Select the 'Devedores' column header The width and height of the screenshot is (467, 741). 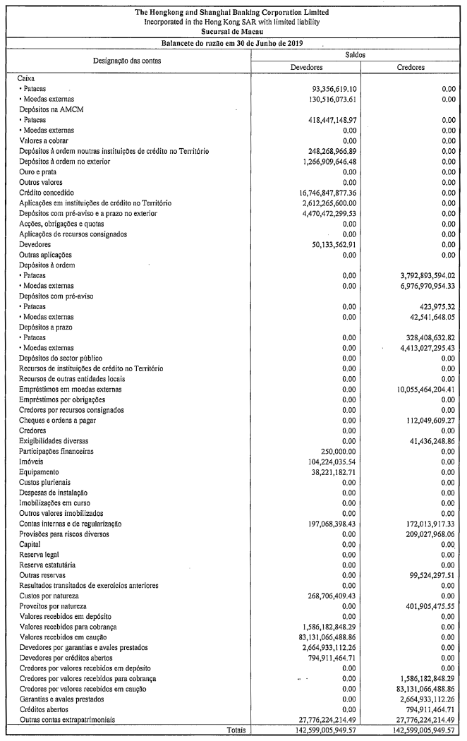point(306,67)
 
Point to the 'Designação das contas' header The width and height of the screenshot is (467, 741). point(127,61)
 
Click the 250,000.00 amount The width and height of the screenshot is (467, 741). point(337,451)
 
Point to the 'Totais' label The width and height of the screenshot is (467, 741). point(236,730)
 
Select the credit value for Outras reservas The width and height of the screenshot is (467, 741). point(424,575)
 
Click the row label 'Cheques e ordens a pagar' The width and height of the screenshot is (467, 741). point(63,420)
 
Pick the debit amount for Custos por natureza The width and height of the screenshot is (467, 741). point(327,596)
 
